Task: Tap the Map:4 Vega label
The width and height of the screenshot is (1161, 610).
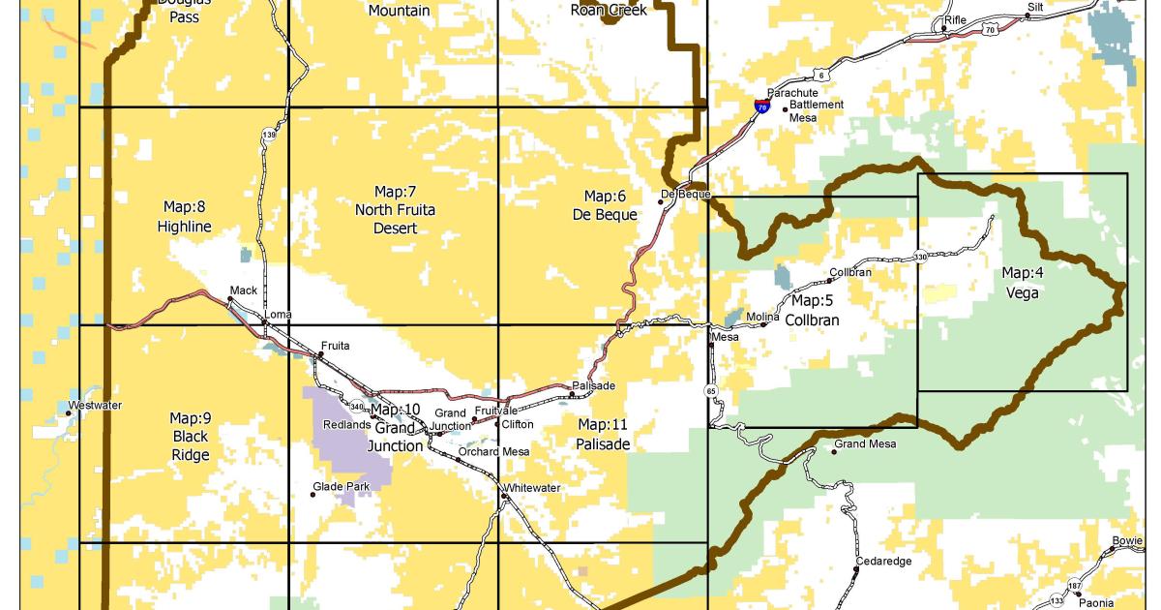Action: tap(1022, 283)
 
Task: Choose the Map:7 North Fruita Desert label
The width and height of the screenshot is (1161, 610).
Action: tap(395, 208)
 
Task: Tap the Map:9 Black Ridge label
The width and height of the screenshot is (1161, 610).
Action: tap(191, 436)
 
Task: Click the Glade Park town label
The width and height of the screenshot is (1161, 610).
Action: tap(336, 486)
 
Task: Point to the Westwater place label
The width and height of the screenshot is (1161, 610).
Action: tap(95, 405)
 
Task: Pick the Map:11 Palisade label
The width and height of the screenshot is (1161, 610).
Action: tap(603, 435)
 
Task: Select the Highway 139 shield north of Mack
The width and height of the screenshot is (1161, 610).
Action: tap(268, 137)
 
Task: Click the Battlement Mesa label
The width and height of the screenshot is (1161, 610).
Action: tap(816, 111)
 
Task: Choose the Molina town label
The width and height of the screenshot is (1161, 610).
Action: tap(762, 316)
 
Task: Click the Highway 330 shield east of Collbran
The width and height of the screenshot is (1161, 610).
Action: tap(920, 257)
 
